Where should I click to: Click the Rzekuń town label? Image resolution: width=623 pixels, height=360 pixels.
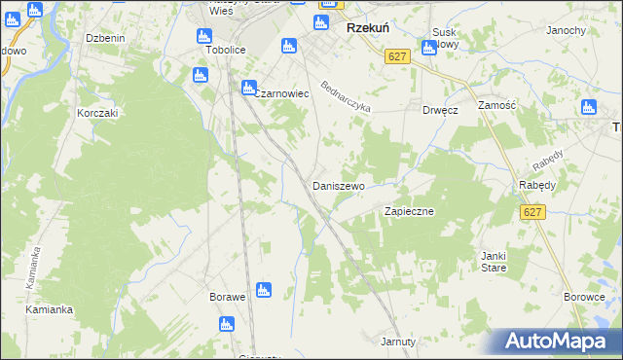pos(368,29)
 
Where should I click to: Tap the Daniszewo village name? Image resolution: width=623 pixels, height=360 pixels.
pos(338,185)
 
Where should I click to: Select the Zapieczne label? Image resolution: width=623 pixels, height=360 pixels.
pos(409,210)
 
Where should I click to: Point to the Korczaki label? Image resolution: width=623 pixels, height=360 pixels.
pos(97,113)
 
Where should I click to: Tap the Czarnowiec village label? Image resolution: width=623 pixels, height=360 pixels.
pos(281,93)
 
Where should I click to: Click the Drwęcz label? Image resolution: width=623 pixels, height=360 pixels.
pos(440,110)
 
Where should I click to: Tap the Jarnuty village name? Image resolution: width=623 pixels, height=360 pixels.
pos(399,342)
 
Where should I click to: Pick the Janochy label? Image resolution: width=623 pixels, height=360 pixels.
pos(566,30)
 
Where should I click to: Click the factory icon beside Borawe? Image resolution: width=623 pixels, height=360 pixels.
pos(262,290)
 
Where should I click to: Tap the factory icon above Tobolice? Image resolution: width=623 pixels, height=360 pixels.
pos(205,36)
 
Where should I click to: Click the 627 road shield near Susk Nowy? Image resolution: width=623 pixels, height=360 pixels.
pos(396,57)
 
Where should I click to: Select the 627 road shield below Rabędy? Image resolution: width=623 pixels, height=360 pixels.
pos(531,211)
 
